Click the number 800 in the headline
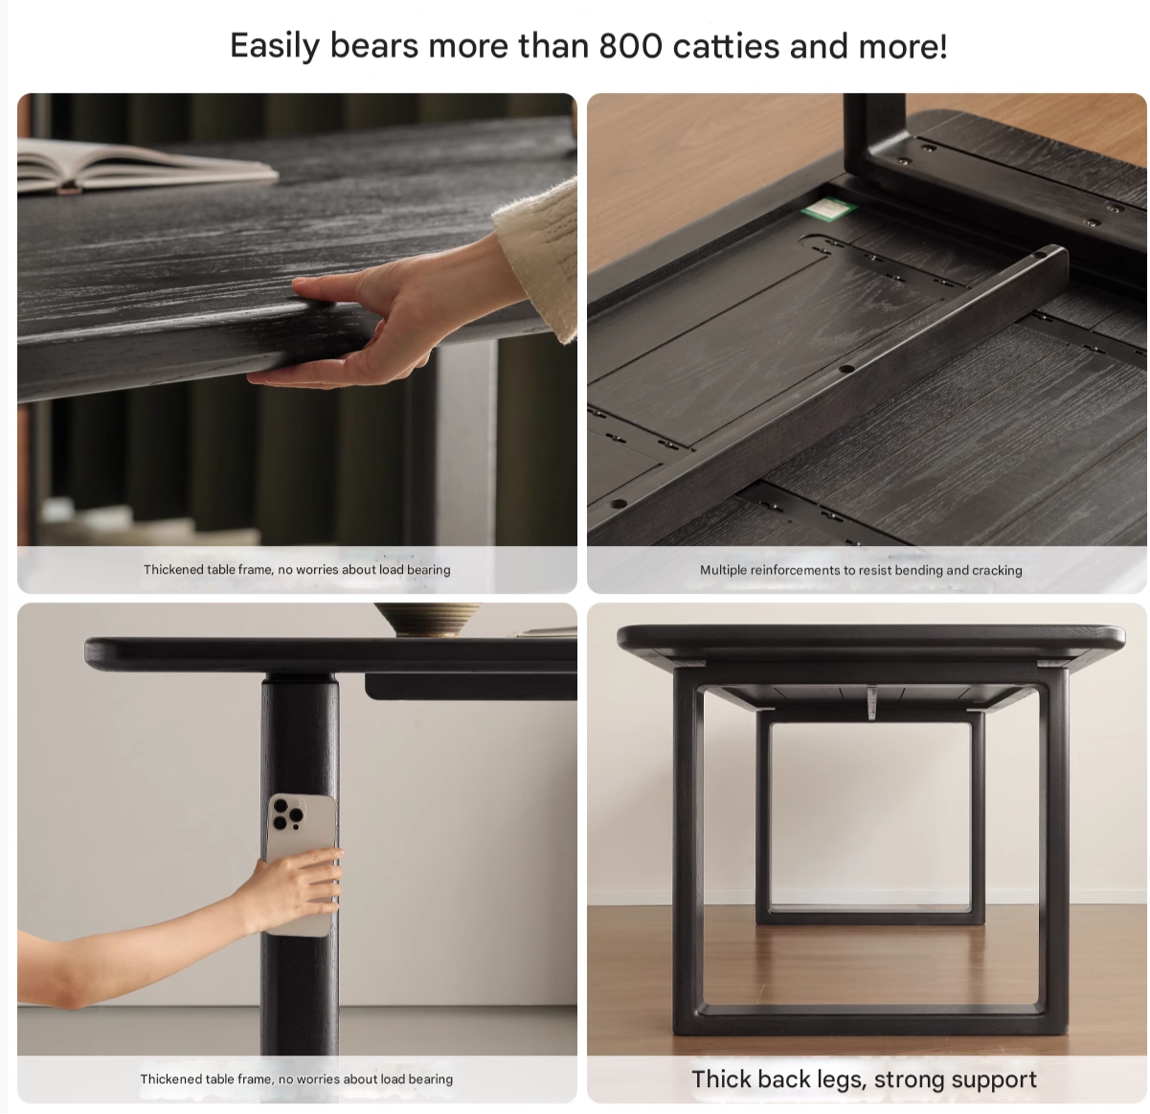[x=630, y=46]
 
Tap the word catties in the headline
[x=726, y=46]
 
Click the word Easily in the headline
[x=275, y=47]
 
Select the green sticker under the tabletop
[x=828, y=209]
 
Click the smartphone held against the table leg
[x=303, y=864]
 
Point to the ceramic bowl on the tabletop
[x=427, y=619]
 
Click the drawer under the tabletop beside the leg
[x=470, y=686]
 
